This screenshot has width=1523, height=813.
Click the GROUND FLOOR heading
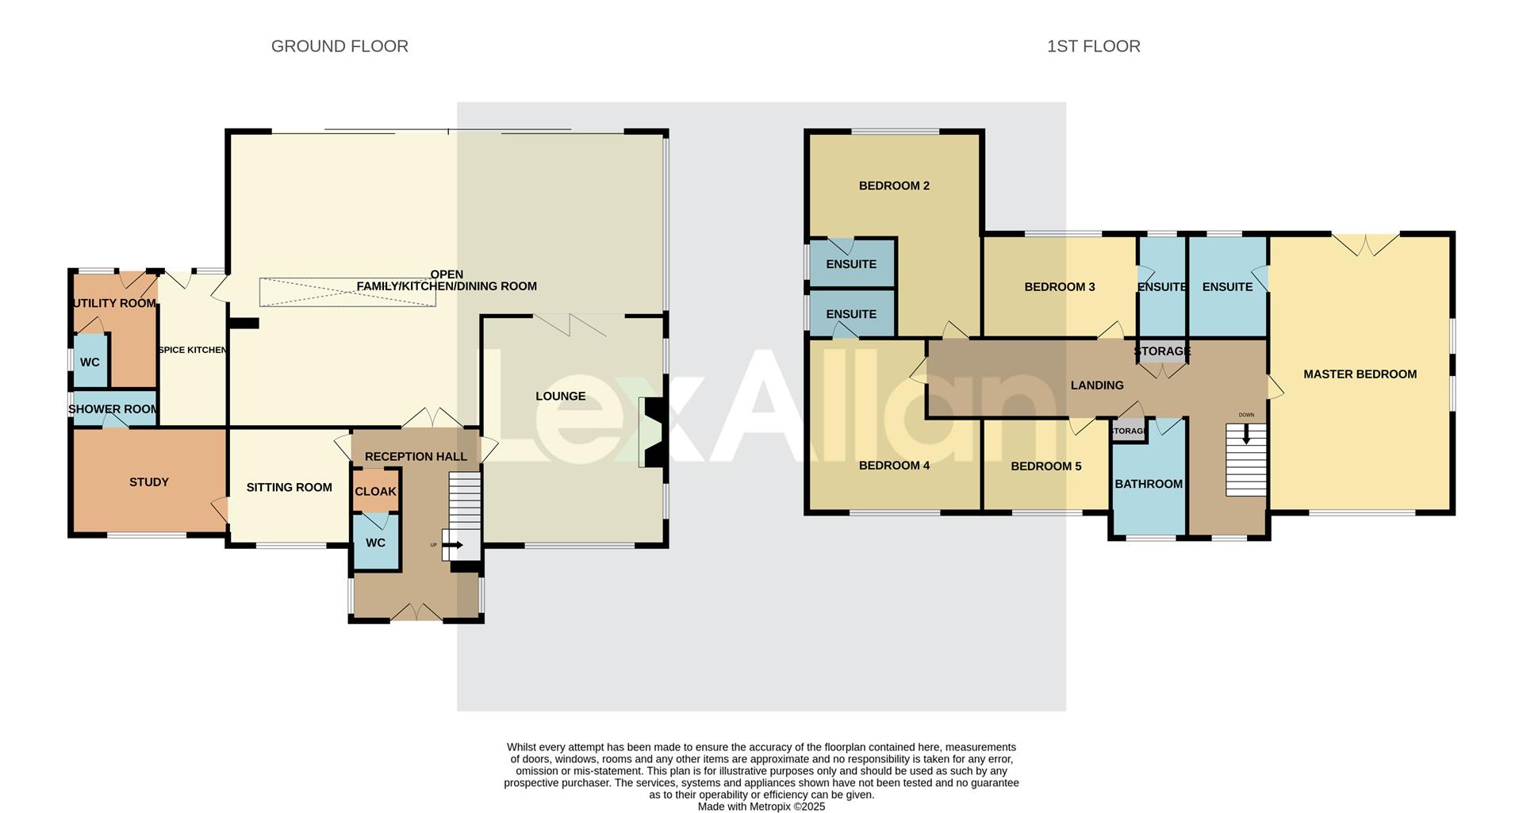click(x=340, y=46)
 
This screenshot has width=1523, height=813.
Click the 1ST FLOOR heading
click(x=1093, y=46)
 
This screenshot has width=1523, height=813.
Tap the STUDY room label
click(x=149, y=482)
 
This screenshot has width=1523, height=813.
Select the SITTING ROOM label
click(x=289, y=487)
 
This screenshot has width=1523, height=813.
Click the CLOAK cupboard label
click(x=375, y=492)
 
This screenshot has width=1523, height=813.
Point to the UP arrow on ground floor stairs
click(x=455, y=545)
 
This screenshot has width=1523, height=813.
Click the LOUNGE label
click(x=560, y=397)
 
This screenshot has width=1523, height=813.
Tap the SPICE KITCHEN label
click(x=193, y=350)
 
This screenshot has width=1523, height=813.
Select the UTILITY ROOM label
click(x=114, y=303)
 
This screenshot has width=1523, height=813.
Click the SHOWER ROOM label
click(x=113, y=409)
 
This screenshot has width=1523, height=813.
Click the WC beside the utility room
click(x=90, y=362)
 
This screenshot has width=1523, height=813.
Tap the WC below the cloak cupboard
click(x=375, y=543)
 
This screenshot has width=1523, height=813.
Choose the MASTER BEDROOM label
click(x=1360, y=374)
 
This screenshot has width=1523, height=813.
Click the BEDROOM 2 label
click(x=894, y=186)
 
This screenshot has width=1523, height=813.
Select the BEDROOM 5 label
click(x=1045, y=466)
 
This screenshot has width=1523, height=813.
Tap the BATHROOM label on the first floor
click(x=1148, y=484)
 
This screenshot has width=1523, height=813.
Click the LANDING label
click(x=1096, y=385)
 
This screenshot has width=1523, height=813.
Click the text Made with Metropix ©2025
click(x=761, y=807)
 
